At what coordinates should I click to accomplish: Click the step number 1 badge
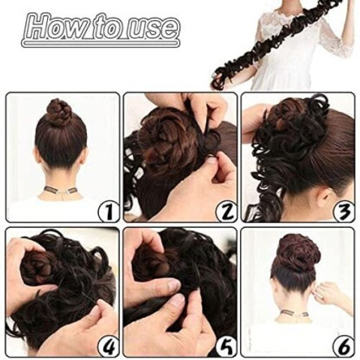(x=108, y=211)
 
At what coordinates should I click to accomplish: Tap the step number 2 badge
(x=226, y=211)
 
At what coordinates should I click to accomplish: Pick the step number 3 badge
(x=344, y=211)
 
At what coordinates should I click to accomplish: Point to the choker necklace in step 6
(x=294, y=313)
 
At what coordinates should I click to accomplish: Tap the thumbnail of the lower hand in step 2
(x=212, y=163)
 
